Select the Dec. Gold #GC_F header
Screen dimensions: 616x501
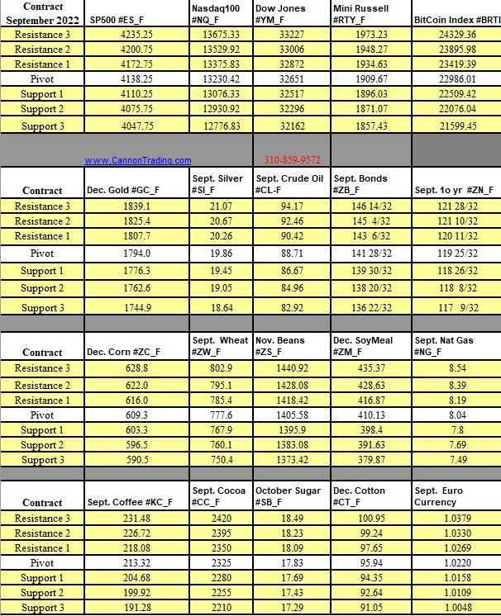[124, 190]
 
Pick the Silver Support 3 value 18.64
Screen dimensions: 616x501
[216, 307]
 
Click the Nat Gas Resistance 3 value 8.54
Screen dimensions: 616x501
[456, 367]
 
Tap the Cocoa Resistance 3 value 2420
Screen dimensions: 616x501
[217, 518]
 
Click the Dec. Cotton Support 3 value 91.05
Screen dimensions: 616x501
[370, 608]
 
